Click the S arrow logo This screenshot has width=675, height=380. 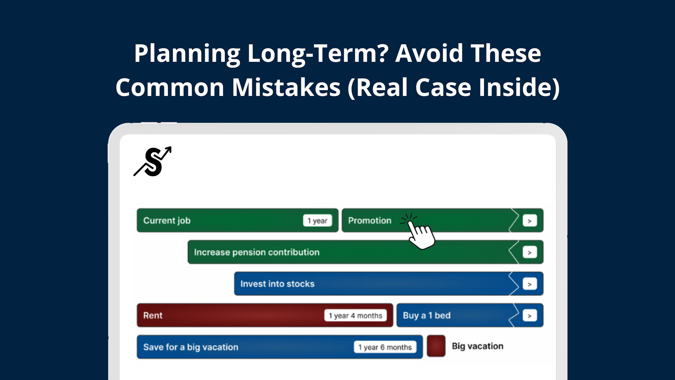pyautogui.click(x=153, y=161)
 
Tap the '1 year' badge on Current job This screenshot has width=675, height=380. pyautogui.click(x=317, y=221)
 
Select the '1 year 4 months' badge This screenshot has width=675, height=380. pyautogui.click(x=355, y=315)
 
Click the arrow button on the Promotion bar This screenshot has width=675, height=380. pyautogui.click(x=530, y=221)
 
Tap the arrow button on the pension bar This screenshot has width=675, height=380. pyautogui.click(x=530, y=252)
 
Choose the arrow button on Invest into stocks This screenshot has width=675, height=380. pyautogui.click(x=530, y=284)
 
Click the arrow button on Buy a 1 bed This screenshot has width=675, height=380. pyautogui.click(x=530, y=315)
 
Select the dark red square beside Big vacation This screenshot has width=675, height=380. pyautogui.click(x=436, y=346)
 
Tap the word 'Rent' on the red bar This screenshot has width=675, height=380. pyautogui.click(x=153, y=315)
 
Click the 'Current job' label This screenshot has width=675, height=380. pyautogui.click(x=167, y=221)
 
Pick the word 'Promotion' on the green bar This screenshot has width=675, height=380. pyautogui.click(x=370, y=221)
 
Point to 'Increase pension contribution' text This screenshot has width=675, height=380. pyautogui.click(x=257, y=252)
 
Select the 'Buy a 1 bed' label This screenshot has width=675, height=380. pyautogui.click(x=427, y=315)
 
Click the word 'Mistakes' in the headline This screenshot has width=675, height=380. pyautogui.click(x=286, y=87)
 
